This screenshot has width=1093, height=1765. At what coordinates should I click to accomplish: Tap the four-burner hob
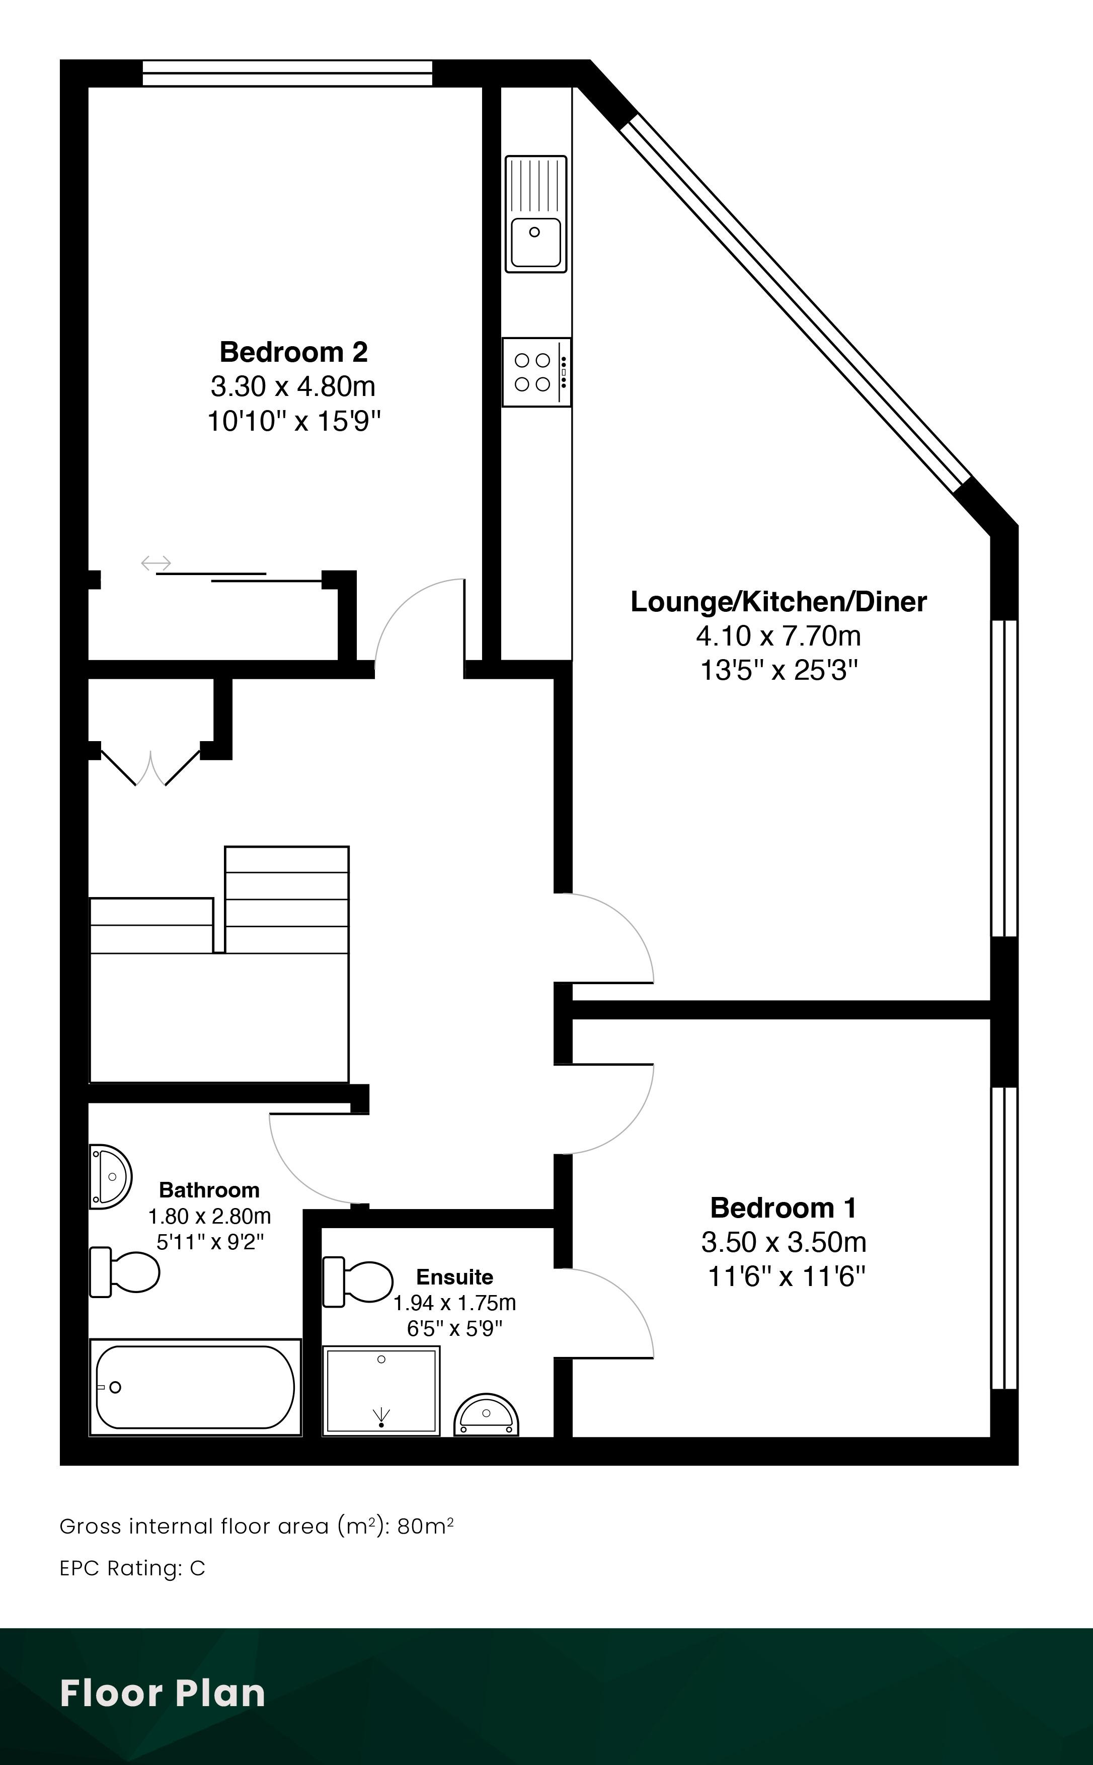pyautogui.click(x=536, y=371)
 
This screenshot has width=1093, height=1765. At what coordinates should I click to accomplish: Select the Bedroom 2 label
pyautogui.click(x=293, y=352)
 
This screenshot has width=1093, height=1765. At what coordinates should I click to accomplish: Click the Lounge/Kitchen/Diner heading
pyautogui.click(x=778, y=601)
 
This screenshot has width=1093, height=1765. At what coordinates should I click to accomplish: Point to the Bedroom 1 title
pyautogui.click(x=783, y=1208)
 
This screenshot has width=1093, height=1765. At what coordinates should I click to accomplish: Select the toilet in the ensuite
pyautogui.click(x=358, y=1281)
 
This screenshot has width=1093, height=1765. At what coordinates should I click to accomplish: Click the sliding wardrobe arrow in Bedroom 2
pyautogui.click(x=156, y=563)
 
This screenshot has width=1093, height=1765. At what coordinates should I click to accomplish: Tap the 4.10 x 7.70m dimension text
pyautogui.click(x=778, y=636)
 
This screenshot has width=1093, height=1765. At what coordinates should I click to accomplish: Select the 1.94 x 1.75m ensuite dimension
pyautogui.click(x=455, y=1303)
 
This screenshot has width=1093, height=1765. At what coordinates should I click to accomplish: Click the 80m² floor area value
pyautogui.click(x=426, y=1526)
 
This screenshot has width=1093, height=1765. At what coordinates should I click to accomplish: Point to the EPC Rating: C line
pyautogui.click(x=132, y=1568)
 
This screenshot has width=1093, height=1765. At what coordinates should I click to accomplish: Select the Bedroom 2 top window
pyautogui.click(x=287, y=73)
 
